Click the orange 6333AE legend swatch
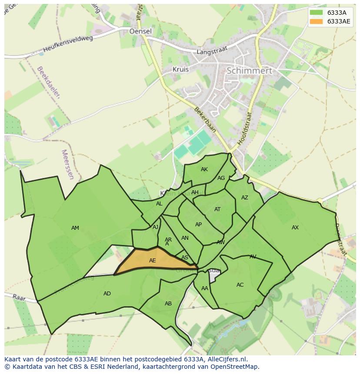click(316, 21)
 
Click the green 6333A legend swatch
click(316, 13)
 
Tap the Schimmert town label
click(249, 70)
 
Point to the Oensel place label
click(140, 31)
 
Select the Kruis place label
click(180, 69)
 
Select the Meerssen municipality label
click(68, 165)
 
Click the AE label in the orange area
click(152, 261)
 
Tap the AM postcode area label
click(75, 228)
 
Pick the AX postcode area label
click(295, 228)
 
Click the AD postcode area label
click(107, 294)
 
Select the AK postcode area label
click(204, 169)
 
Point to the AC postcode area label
click(240, 285)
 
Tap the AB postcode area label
click(168, 304)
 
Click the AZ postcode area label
click(245, 198)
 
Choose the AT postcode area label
click(217, 209)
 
